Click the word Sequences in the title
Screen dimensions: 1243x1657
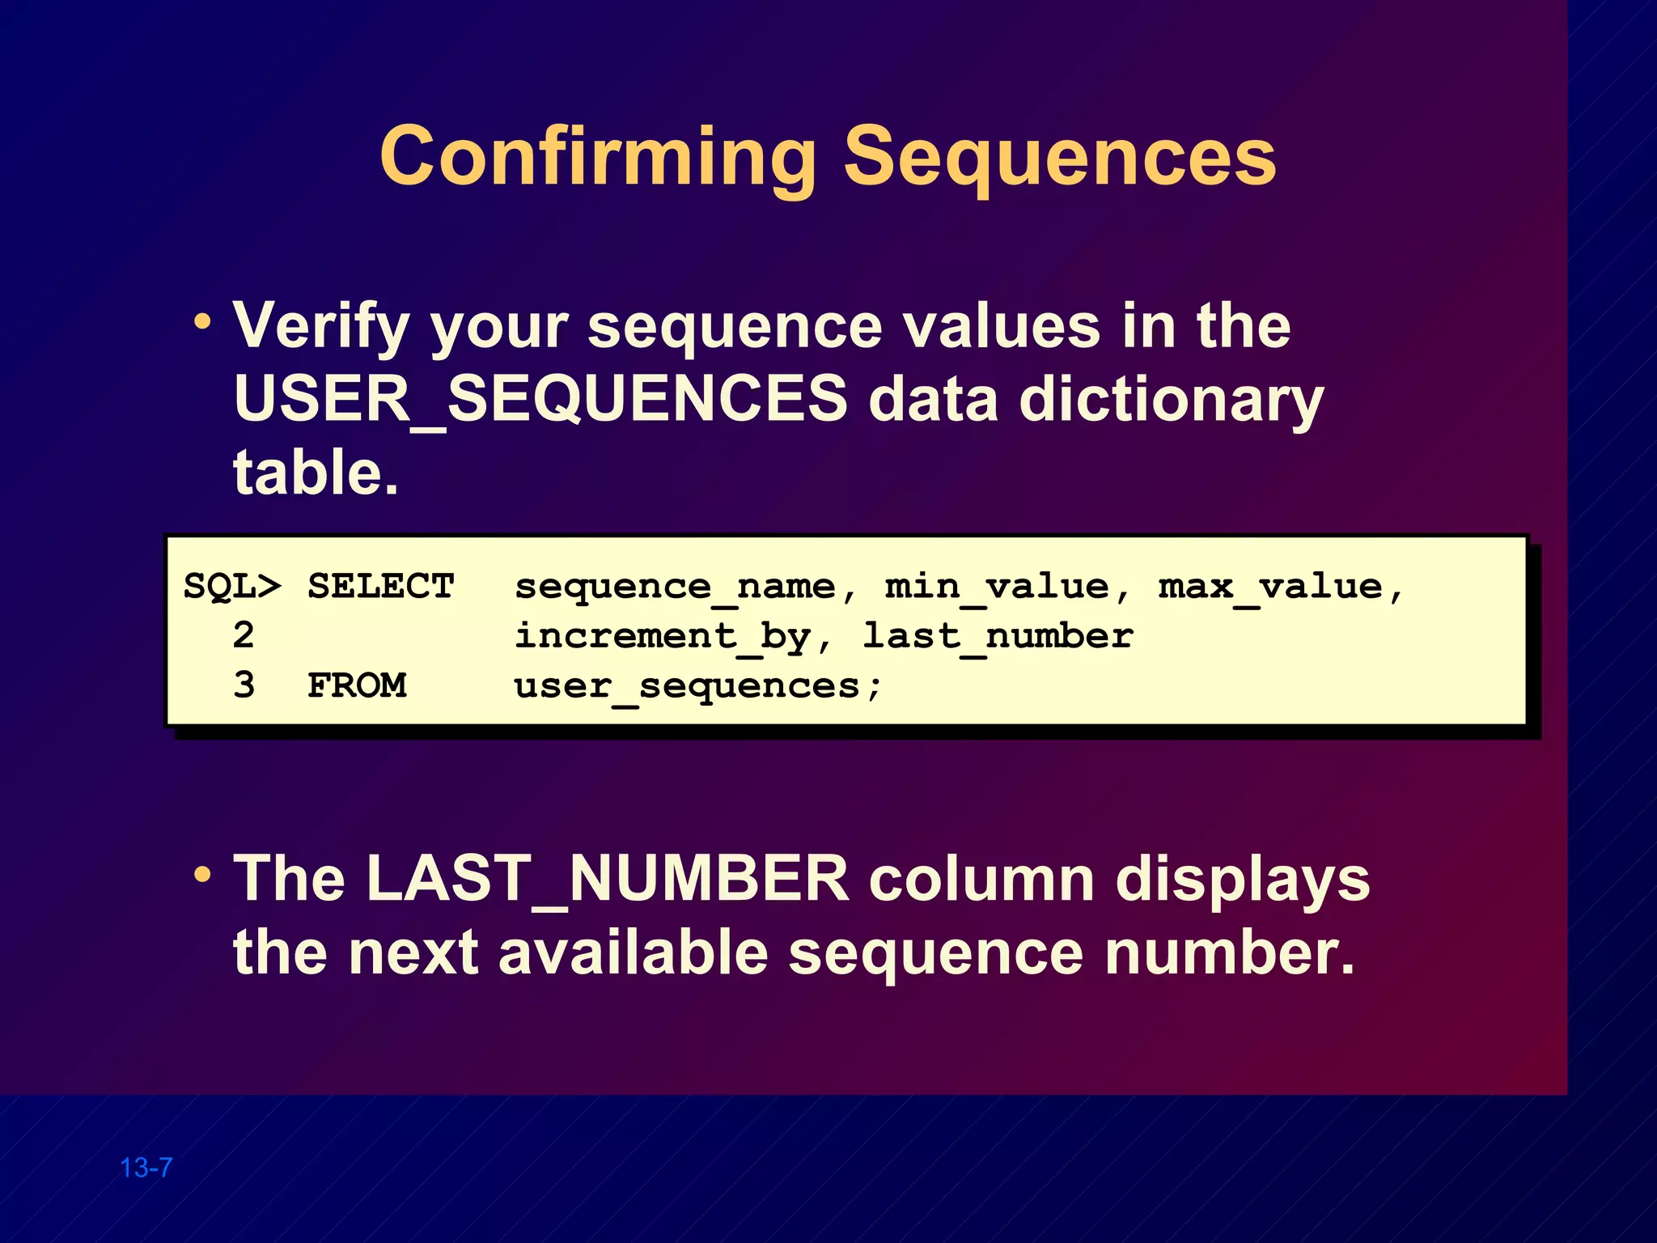pos(1060,157)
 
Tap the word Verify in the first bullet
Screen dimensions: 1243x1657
pos(321,326)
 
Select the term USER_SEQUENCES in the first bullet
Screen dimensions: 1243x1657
pos(540,399)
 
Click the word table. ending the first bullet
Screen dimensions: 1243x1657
pos(316,473)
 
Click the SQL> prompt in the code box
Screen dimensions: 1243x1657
pos(232,586)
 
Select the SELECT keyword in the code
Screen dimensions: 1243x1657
pos(380,586)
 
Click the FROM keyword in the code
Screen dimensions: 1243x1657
pos(357,685)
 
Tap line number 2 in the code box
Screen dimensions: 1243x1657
pos(244,635)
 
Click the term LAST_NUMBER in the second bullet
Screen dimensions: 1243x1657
pos(607,879)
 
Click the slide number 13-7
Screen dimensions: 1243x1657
pos(146,1168)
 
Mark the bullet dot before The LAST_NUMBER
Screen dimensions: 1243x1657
pos(202,875)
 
